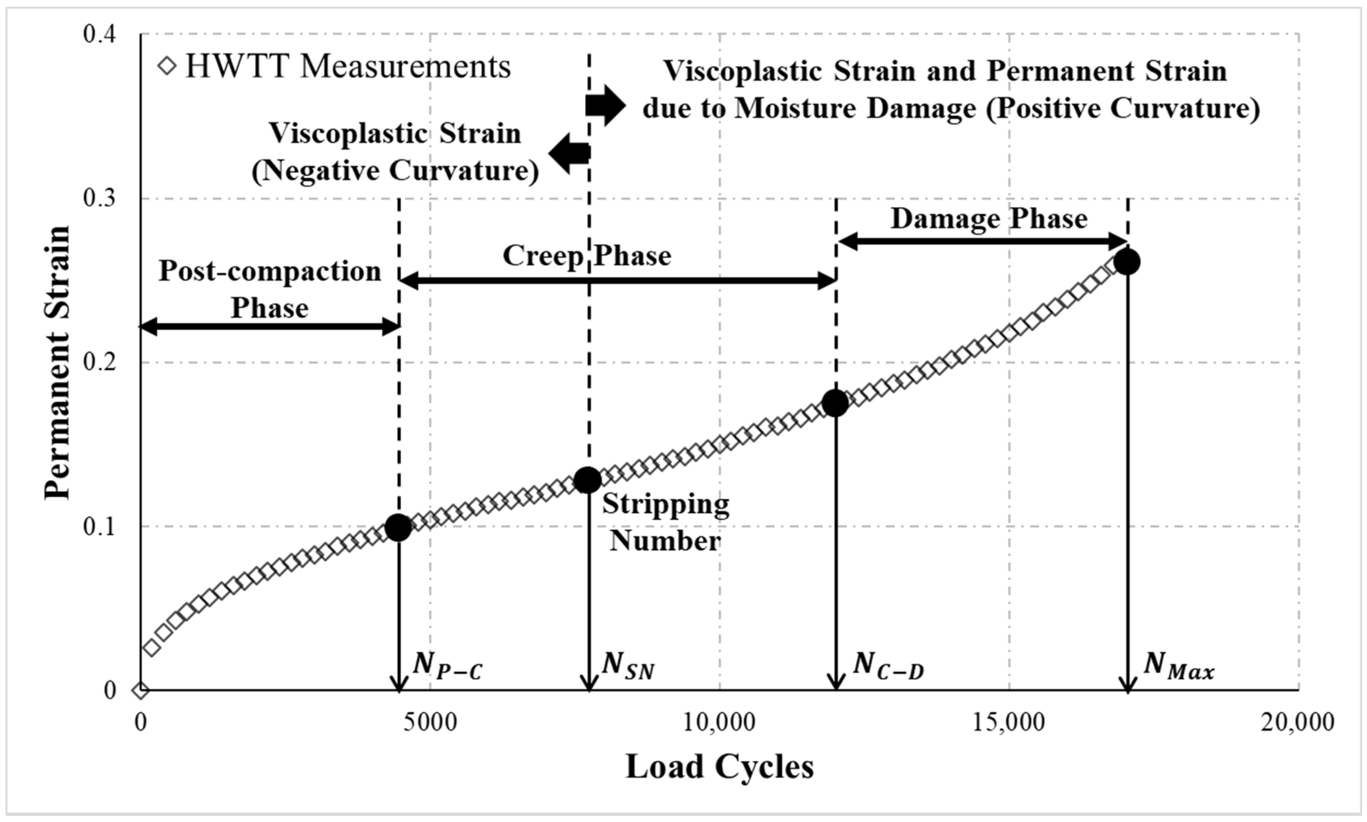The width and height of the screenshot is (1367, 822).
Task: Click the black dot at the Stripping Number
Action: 587,480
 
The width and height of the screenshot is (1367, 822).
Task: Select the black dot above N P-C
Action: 398,527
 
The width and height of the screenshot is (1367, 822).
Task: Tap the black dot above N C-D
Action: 835,403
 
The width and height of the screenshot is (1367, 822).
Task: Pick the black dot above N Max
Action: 1126,262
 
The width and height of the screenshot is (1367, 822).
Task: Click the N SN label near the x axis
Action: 628,665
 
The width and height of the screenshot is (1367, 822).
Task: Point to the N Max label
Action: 1179,665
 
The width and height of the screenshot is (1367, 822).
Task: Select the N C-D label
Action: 888,665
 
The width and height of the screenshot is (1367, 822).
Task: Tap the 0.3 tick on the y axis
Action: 100,198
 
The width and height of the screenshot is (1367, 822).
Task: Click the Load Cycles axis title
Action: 720,767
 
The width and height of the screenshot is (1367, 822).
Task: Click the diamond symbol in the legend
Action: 167,67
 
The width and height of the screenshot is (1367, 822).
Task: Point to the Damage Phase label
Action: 989,218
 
